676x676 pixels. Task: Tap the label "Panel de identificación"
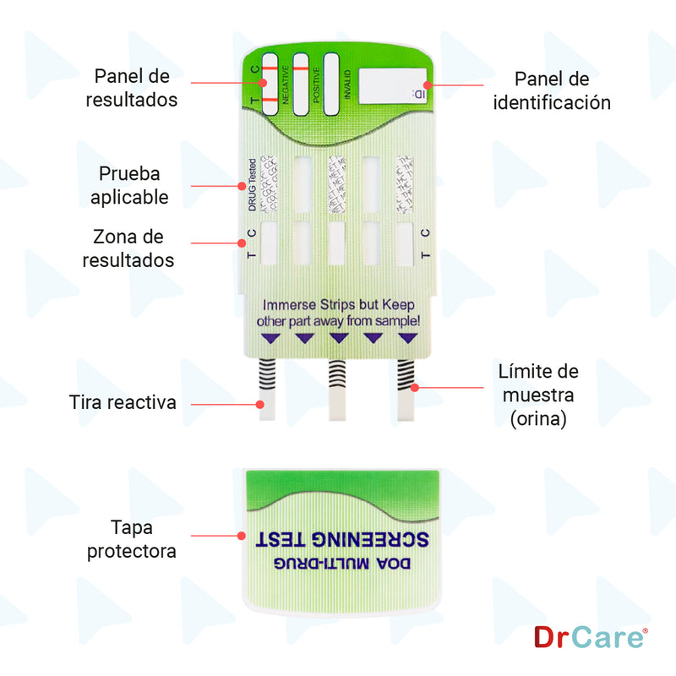552,90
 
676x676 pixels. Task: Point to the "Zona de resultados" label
128,248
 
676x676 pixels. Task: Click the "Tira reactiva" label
123,402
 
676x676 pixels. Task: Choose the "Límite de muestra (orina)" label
537,395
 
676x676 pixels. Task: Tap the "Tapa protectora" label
143,539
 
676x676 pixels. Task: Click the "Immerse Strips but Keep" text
339,304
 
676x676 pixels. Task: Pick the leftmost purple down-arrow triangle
270,338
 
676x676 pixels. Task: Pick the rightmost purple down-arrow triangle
408,338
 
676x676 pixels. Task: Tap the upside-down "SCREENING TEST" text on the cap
341,539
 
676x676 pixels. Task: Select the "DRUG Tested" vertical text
252,185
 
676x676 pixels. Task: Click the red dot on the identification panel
427,84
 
